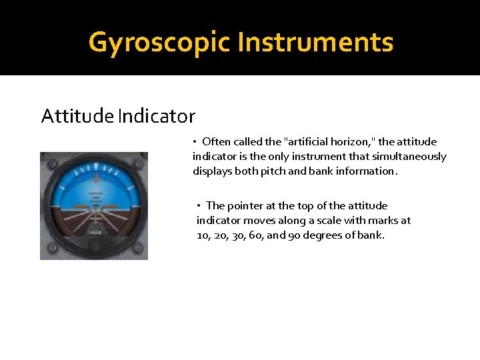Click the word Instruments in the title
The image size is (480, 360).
coord(315,42)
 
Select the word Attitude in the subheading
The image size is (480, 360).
coord(77,117)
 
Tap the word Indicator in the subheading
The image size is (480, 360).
coord(156,117)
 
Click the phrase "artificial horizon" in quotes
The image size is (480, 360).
coord(329,141)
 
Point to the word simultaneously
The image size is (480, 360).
coord(413,156)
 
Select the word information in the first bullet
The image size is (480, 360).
coord(366,171)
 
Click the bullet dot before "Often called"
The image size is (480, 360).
coord(195,141)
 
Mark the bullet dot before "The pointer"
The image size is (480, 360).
coord(199,205)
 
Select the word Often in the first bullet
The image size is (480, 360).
coord(216,141)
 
